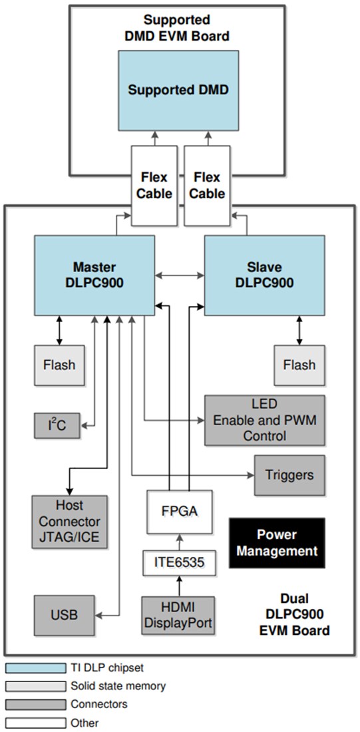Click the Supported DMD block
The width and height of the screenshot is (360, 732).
[178, 90]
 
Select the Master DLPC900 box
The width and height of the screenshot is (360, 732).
[94, 275]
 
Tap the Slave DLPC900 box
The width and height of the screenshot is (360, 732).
[264, 275]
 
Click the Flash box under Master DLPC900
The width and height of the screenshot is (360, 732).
[59, 365]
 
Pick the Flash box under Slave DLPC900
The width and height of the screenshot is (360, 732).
[299, 365]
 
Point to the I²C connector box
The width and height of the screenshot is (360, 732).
[57, 425]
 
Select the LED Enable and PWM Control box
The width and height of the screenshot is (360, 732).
[264, 421]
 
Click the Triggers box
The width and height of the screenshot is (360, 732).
[289, 475]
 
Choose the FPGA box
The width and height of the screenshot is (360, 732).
[179, 511]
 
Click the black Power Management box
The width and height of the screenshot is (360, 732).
[276, 542]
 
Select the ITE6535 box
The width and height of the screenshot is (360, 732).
[179, 562]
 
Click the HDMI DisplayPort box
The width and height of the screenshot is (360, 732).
[178, 615]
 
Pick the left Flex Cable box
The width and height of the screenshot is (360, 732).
[154, 186]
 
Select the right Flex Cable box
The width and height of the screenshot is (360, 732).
[207, 186]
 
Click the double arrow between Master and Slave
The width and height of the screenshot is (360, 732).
[179, 274]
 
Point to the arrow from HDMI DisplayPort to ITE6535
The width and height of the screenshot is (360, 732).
[178, 586]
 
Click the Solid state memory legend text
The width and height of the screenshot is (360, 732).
[118, 685]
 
